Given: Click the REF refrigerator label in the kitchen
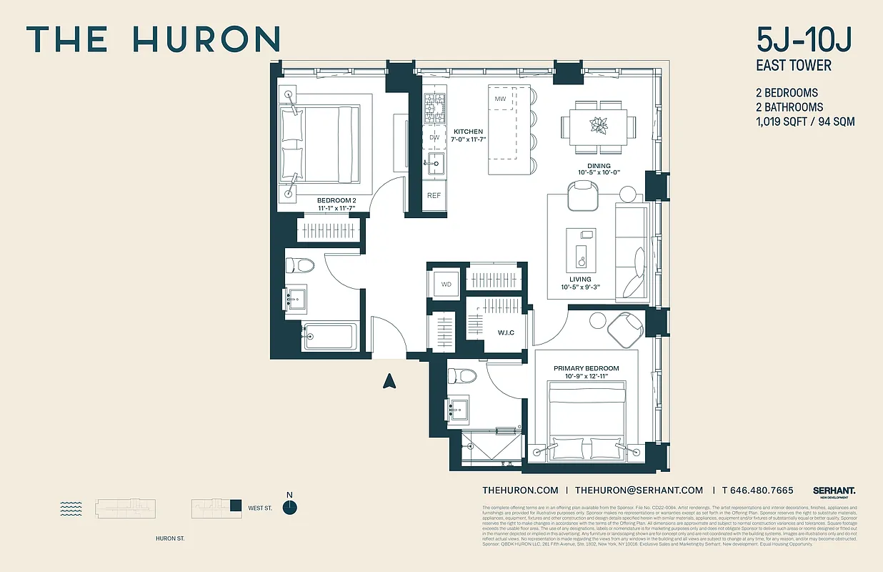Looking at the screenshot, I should coord(434,194).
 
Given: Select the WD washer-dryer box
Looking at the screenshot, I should coord(446,284).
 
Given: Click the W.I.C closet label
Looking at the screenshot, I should coord(506,332).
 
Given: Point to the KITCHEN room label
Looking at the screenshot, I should coord(468,132).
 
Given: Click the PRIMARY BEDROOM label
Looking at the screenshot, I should coord(586,368).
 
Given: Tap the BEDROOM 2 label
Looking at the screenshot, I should coord(335,200).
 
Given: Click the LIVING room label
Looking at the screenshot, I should coord(580,279).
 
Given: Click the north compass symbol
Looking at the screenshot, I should coord(289,507).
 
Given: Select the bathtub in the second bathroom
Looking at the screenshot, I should coord(329,336).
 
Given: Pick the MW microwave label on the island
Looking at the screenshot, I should coord(501,98).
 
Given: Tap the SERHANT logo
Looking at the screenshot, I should coord(834,490).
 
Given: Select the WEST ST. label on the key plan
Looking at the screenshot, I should coord(260,508).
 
